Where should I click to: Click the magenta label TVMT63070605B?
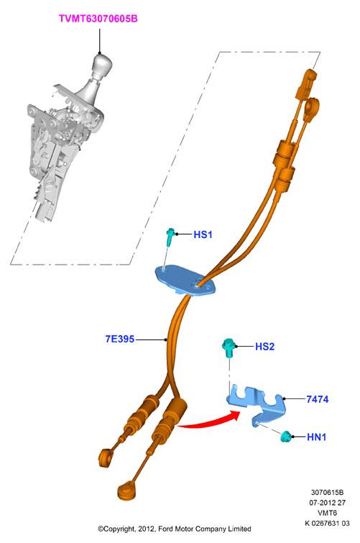click(x=98, y=19)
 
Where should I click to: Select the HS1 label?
click(x=203, y=234)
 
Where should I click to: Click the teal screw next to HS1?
click(x=170, y=237)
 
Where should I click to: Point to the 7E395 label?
click(x=120, y=339)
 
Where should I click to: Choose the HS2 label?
click(x=265, y=347)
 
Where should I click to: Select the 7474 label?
click(x=318, y=399)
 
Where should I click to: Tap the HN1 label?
click(x=317, y=437)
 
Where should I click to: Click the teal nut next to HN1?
click(x=286, y=437)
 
